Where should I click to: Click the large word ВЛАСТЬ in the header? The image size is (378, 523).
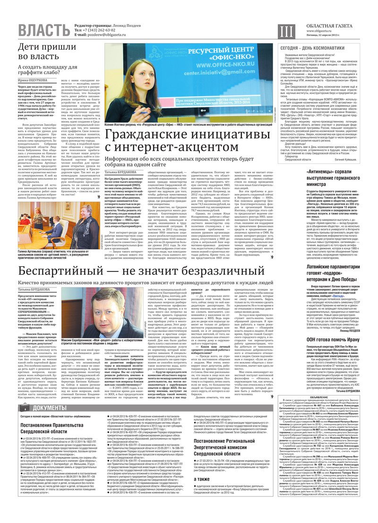[43, 31]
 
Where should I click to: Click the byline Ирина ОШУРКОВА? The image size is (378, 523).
[35, 81]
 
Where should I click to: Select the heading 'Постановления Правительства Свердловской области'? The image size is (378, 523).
[50, 415]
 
